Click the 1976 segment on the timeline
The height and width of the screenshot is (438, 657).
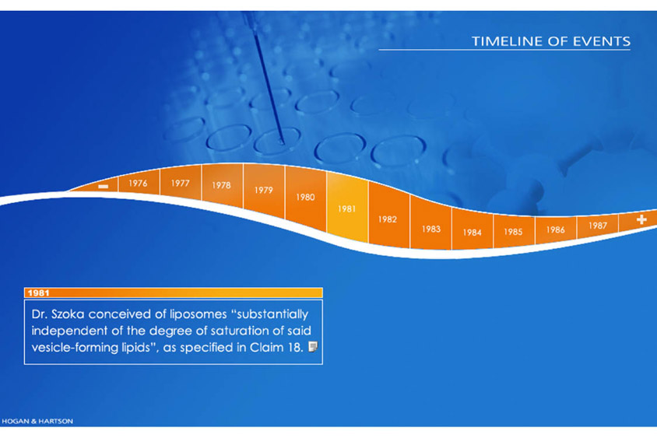coord(139,183)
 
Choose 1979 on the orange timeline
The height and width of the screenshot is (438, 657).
coord(264,190)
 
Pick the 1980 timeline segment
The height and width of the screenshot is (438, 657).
coord(305,198)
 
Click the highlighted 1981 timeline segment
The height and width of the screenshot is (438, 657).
coord(347,208)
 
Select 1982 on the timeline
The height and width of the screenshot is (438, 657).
coord(388,219)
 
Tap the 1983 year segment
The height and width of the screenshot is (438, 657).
coord(430,229)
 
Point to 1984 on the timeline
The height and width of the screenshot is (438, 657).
coord(473,233)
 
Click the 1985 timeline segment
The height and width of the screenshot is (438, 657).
coord(513,232)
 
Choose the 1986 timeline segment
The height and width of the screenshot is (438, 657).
coord(556,230)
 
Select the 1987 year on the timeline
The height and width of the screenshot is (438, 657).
coord(598,226)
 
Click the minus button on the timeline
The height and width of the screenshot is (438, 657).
coord(103,187)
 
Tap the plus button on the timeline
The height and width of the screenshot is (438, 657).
coord(641,219)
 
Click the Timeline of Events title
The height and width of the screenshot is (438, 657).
coord(551,41)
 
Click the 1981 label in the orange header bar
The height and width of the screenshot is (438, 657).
coord(39,293)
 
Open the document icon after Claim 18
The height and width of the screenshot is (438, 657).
coord(313,346)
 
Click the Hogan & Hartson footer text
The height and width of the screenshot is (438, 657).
coord(37,421)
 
